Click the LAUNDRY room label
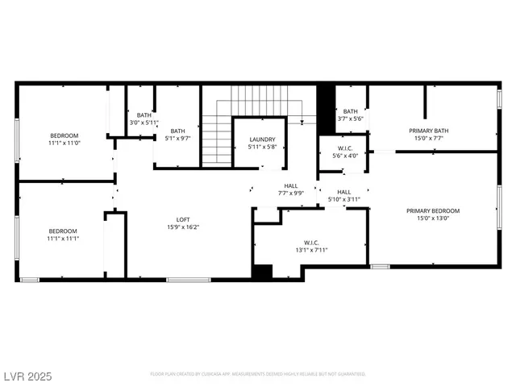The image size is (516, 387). pos(262,139)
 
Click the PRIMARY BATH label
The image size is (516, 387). pos(428,131)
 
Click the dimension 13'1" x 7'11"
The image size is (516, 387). pos(310,250)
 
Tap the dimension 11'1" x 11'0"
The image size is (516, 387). pos(64,143)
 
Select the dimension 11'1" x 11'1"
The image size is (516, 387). pos(63,239)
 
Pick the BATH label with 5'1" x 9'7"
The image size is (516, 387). pos(177,131)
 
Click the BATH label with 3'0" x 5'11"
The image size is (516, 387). pos(144,115)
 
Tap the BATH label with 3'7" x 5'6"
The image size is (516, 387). pos(350,111)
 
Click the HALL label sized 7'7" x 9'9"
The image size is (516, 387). pos(290,186)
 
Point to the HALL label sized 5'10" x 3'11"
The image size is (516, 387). pos(343,192)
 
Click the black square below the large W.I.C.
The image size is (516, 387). pos(262,273)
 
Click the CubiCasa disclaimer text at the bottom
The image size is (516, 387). pos(258,374)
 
